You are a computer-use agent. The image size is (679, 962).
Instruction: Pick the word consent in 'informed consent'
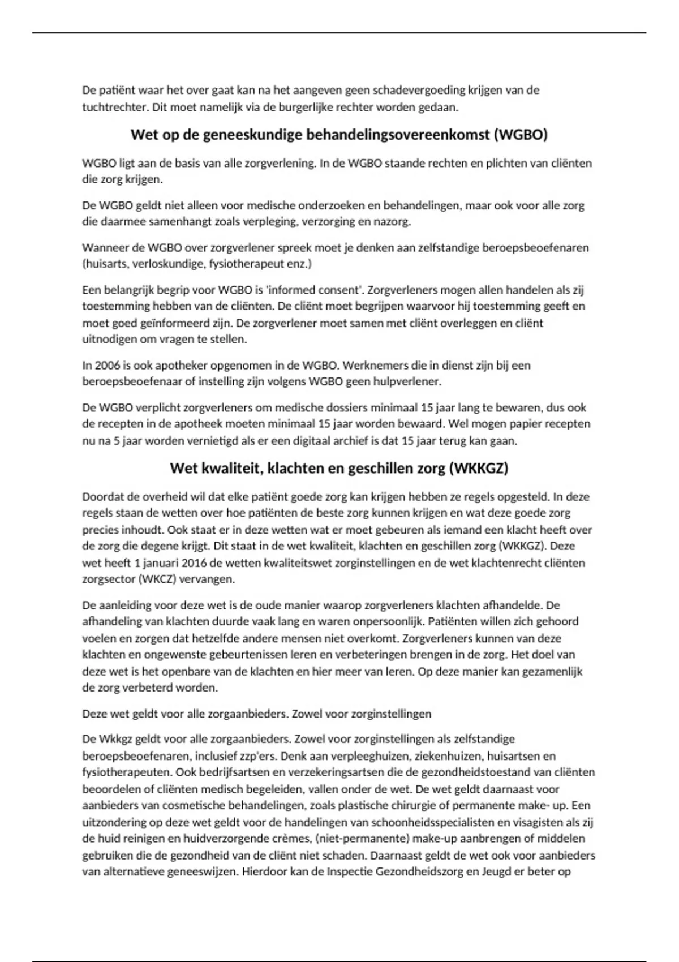338,290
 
